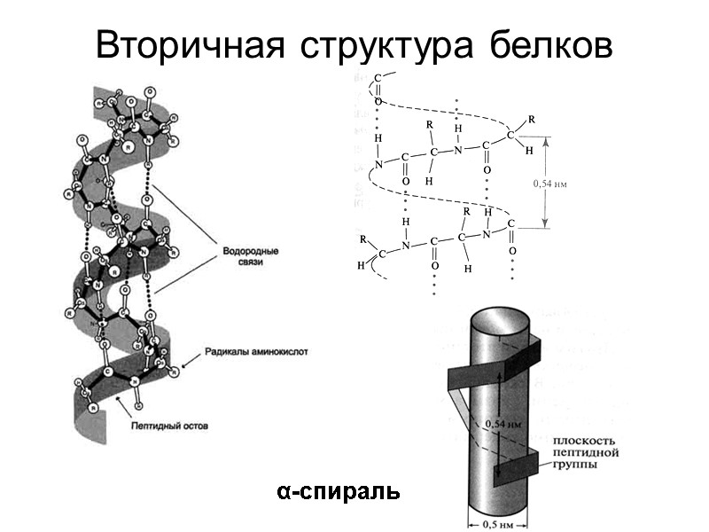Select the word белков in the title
point(549,46)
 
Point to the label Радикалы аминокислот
point(257,351)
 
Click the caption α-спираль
point(337,490)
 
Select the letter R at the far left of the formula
point(362,239)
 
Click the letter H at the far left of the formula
point(361,265)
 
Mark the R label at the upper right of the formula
point(531,118)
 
